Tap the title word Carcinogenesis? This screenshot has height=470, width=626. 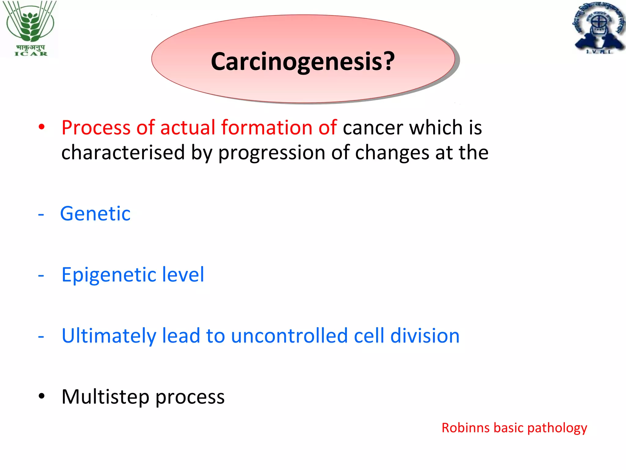[x=303, y=61]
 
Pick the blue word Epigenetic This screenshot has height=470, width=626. [x=108, y=275]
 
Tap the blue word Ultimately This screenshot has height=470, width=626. [x=109, y=336]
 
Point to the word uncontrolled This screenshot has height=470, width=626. [x=289, y=336]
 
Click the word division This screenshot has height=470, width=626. [x=425, y=336]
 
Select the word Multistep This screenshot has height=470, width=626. [x=105, y=397]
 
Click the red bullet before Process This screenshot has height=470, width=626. [x=42, y=127]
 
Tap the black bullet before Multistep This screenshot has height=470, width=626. [x=42, y=396]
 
